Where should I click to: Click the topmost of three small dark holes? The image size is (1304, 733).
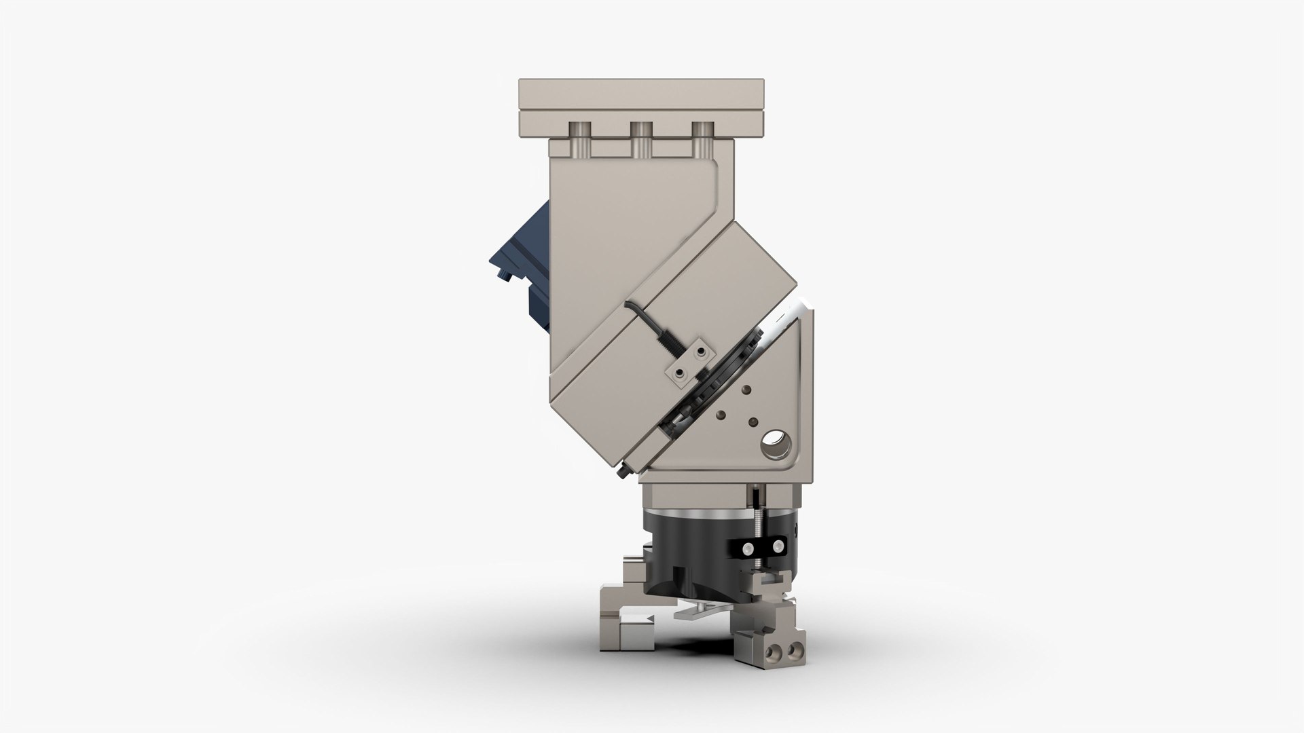[x=746, y=390]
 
